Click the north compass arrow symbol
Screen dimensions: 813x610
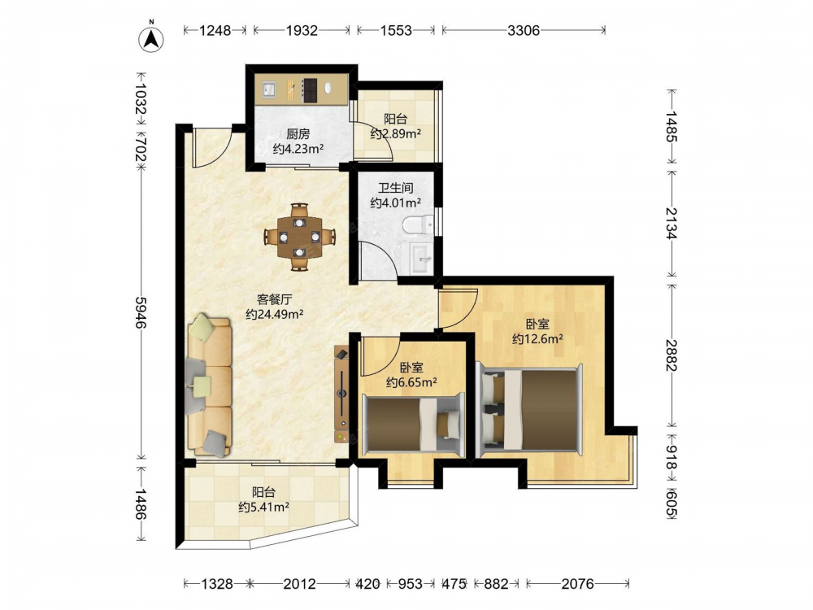coord(151,37)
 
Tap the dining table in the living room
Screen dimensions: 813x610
coord(300,237)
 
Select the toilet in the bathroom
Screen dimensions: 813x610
coord(417,224)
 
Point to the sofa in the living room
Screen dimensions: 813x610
coord(209,386)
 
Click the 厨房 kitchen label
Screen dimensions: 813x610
coord(298,134)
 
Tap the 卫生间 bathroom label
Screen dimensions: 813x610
coord(396,187)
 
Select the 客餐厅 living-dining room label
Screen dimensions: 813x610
coord(275,299)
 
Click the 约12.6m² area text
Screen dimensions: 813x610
coord(537,339)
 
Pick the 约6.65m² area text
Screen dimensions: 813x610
coord(411,383)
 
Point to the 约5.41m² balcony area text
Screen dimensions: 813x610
coord(263,507)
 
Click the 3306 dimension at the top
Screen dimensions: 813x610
coord(524,31)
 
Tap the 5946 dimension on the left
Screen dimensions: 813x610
coord(141,312)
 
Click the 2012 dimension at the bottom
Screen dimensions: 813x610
coord(300,585)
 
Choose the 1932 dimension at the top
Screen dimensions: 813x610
coord(302,31)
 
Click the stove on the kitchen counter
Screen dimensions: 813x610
coord(310,90)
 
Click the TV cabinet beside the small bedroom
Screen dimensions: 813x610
coord(341,394)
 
